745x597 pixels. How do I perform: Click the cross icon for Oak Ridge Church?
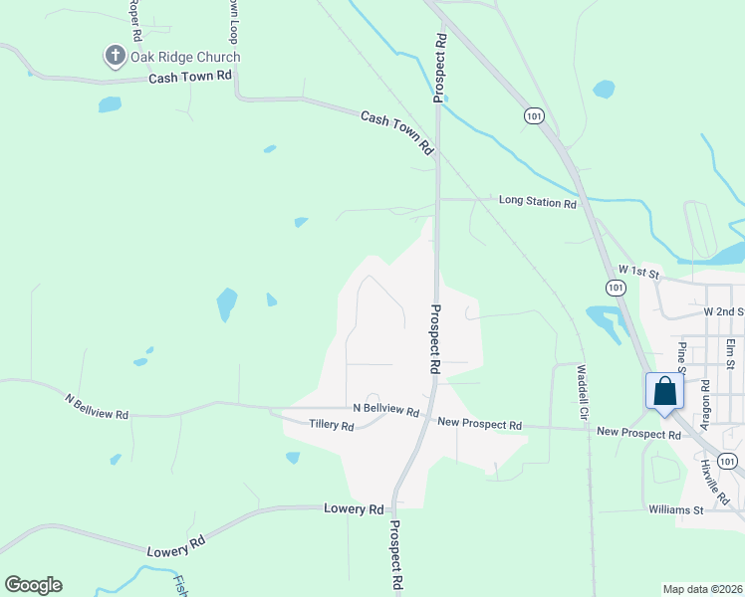(115, 57)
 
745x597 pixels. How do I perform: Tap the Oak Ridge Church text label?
(185, 57)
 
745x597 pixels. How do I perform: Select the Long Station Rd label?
(538, 202)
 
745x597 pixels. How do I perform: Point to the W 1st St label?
(639, 271)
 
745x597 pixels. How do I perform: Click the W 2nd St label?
(724, 311)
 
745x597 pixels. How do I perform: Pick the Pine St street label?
(683, 356)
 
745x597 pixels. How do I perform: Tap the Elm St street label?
(730, 352)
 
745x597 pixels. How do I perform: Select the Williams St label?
(676, 510)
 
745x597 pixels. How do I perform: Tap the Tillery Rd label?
(332, 426)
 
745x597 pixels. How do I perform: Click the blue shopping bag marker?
(665, 392)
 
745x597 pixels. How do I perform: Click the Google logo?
(33, 585)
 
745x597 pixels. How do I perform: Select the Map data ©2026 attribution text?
(702, 589)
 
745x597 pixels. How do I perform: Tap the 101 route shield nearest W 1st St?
(616, 288)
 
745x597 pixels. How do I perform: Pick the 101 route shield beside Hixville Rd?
(728, 460)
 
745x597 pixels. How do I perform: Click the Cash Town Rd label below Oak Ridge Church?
(190, 77)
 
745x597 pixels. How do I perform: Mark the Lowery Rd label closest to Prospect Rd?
(354, 509)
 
